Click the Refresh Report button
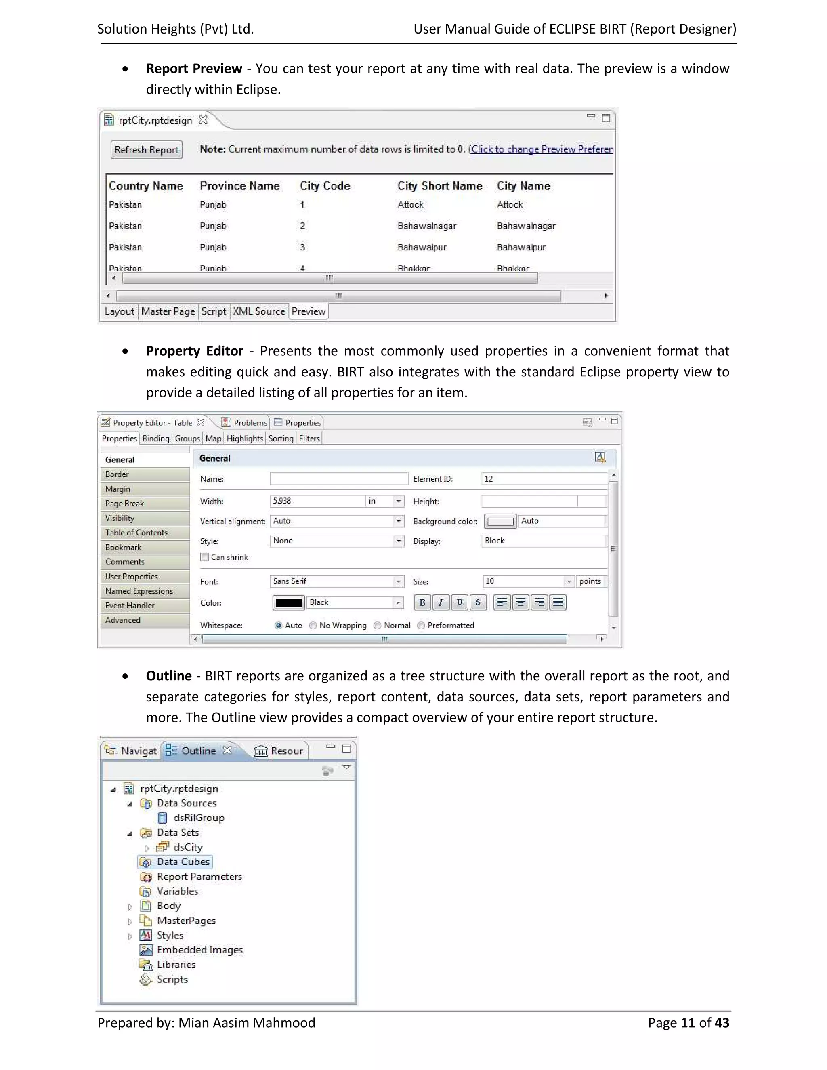[x=146, y=150]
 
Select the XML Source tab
[x=259, y=311]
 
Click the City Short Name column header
[x=439, y=186]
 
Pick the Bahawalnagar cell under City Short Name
[x=427, y=226]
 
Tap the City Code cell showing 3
[x=302, y=248]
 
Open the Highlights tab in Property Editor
[x=244, y=438]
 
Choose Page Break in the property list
[x=124, y=504]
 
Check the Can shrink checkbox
[x=205, y=557]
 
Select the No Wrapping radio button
[x=313, y=625]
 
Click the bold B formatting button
[x=422, y=602]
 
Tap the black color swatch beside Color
[x=289, y=602]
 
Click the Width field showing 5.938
[x=317, y=501]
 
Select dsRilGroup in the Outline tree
[x=198, y=818]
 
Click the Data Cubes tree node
[x=183, y=862]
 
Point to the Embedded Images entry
[x=199, y=950]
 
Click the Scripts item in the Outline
[x=172, y=980]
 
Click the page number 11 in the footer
[x=688, y=1023]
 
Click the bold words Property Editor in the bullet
[x=195, y=351]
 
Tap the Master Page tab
[x=168, y=311]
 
